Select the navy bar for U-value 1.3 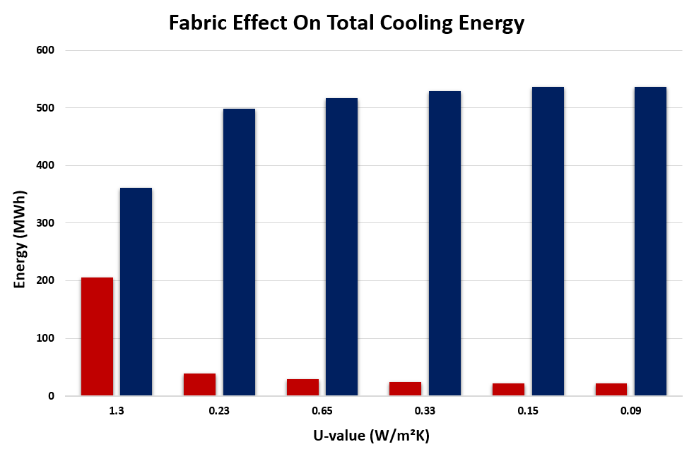pos(136,292)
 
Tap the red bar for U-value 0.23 pos(199,384)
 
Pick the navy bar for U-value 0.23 pos(239,252)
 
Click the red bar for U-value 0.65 pos(302,387)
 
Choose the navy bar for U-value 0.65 pos(341,246)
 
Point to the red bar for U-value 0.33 pos(406,388)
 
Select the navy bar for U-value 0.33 pos(445,243)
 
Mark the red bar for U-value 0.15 pos(508,389)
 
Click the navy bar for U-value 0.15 pos(548,241)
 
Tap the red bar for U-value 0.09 pos(611,389)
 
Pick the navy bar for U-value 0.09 pos(650,241)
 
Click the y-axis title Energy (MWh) pos(20,239)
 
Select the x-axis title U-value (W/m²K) pos(372,435)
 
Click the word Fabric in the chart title pos(201,23)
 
